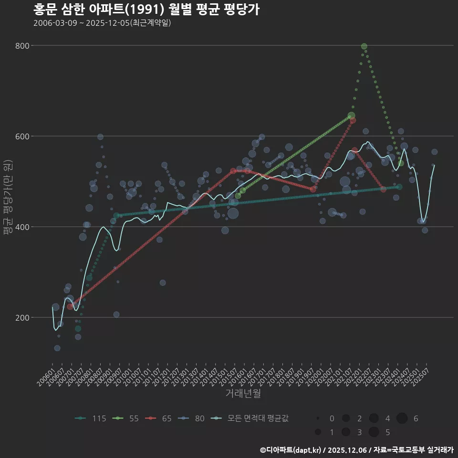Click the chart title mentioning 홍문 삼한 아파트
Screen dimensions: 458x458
[x=146, y=10]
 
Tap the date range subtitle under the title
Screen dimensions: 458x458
[x=102, y=23]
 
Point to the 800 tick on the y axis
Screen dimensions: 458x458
[x=23, y=46]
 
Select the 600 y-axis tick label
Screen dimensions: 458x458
[x=23, y=136]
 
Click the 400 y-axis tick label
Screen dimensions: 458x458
[x=23, y=227]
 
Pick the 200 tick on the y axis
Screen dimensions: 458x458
[x=23, y=318]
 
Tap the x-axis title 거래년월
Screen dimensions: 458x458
[x=243, y=394]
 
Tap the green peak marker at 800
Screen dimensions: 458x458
[x=364, y=46]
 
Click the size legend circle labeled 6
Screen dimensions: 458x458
[x=402, y=418]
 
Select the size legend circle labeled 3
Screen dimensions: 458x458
[x=346, y=432]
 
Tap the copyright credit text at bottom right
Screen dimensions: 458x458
[x=356, y=450]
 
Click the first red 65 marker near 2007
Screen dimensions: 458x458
[x=70, y=306]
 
